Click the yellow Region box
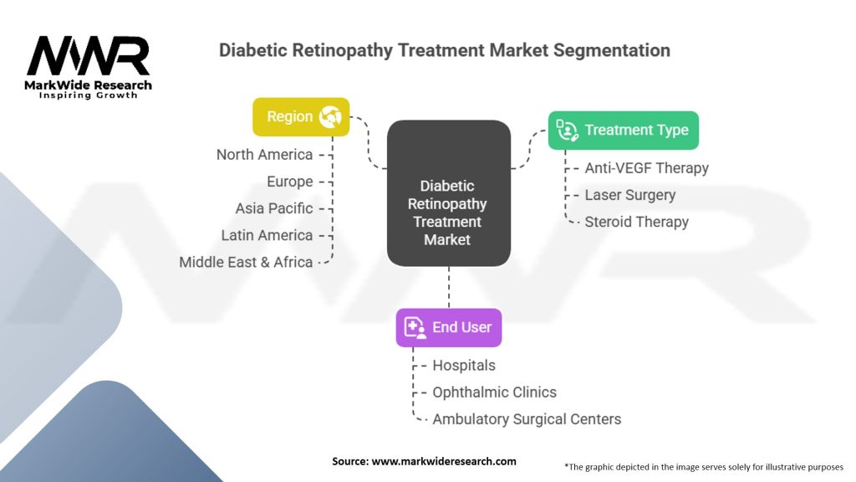pos(301,117)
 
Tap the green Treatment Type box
pos(624,131)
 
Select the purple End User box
pos(449,327)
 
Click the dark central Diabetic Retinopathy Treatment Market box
pos(448,194)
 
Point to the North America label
pos(264,155)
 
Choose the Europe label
pos(290,182)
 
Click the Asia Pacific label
pos(274,208)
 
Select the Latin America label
pos(267,235)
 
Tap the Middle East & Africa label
pos(246,262)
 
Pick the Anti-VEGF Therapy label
pos(646,168)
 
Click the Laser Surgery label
pos(629,195)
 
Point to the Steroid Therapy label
pos(636,222)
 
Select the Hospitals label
pos(463,366)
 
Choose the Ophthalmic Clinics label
pos(494,392)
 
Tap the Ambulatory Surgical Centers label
pos(527,419)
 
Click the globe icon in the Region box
pos(331,117)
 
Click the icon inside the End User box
pos(415,327)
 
